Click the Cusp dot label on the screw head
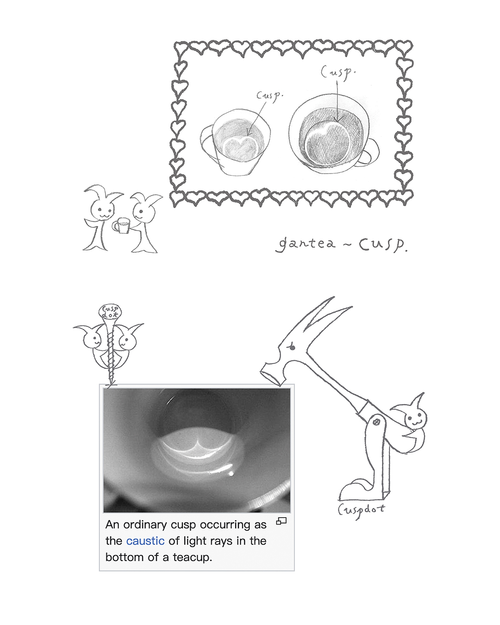pyautogui.click(x=110, y=311)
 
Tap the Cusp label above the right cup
pyautogui.click(x=338, y=72)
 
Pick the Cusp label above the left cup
pyautogui.click(x=269, y=95)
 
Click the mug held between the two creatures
pyautogui.click(x=121, y=225)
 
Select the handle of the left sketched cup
pyautogui.click(x=208, y=142)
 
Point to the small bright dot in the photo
pyautogui.click(x=231, y=474)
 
